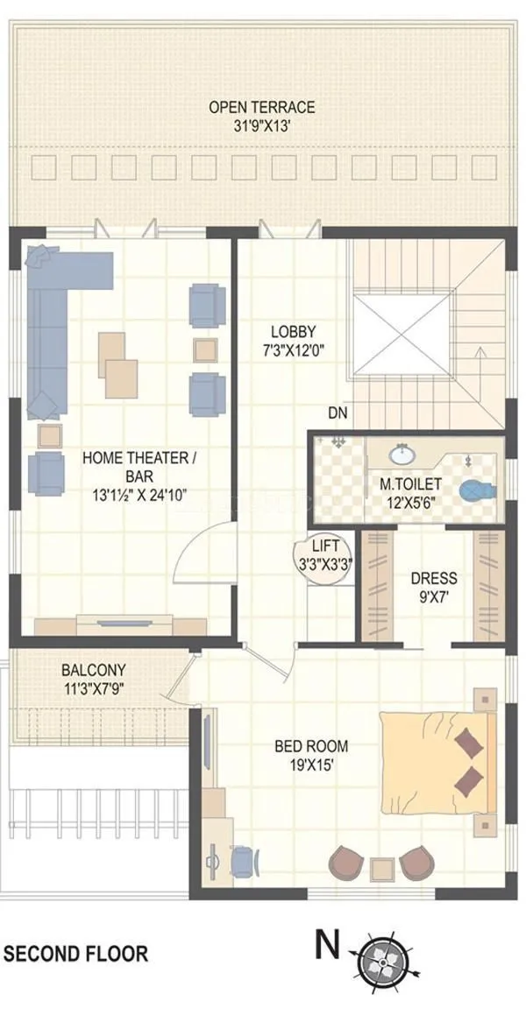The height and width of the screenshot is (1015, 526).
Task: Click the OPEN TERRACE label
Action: pos(261,107)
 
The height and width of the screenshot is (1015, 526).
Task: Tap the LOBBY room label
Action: pos(293,332)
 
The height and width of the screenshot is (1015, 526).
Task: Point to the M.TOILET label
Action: pos(410,484)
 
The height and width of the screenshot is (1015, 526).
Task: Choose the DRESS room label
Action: pos(433,579)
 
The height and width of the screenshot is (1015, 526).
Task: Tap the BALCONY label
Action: pos(93,670)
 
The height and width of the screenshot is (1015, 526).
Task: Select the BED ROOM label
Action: pos(311,746)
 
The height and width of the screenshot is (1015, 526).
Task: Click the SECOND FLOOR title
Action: pos(76,954)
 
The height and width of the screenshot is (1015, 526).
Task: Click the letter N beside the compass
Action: pos(327,945)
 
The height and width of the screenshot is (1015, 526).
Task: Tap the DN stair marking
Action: pos(338,412)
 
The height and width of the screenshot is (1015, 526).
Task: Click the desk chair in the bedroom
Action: pos(245,859)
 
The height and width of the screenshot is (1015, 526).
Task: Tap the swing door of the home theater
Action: pos(203,555)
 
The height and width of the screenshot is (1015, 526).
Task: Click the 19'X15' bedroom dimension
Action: pos(311,764)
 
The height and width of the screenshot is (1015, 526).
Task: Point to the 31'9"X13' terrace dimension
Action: pos(261,124)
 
